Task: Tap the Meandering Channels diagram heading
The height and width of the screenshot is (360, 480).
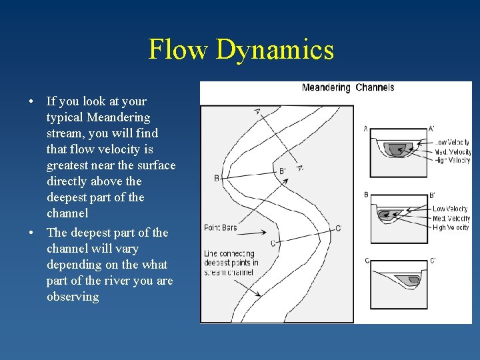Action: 347,87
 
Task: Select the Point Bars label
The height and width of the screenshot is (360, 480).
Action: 220,228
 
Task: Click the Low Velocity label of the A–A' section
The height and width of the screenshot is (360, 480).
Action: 453,142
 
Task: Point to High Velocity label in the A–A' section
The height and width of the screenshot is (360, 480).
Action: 453,160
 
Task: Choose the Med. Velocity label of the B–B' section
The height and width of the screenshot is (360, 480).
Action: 451,218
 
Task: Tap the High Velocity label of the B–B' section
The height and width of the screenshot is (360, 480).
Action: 451,227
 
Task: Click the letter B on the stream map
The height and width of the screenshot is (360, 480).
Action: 217,178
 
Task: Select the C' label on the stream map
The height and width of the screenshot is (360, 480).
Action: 339,228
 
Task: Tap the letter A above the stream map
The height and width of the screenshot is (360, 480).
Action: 257,111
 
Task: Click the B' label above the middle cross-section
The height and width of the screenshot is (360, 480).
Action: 431,195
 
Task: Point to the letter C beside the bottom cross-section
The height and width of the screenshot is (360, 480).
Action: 367,261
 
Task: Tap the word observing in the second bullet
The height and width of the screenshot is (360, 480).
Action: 73,297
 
